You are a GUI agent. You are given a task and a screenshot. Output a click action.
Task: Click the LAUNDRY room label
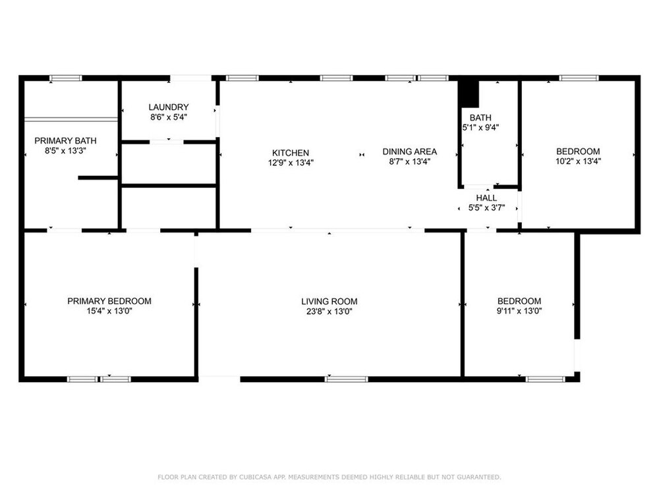(169, 107)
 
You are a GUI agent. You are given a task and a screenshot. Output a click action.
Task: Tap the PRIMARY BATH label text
(65, 141)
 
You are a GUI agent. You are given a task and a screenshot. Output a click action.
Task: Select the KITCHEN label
(291, 153)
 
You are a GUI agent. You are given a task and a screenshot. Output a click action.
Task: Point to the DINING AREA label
(410, 151)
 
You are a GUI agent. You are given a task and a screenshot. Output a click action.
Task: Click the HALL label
(486, 198)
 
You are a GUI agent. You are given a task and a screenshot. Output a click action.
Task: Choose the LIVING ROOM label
(329, 301)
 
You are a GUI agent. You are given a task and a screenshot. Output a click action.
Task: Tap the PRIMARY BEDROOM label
(109, 301)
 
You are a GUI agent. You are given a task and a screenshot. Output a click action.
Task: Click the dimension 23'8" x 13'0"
(329, 312)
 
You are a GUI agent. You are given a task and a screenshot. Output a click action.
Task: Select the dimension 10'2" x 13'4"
(579, 161)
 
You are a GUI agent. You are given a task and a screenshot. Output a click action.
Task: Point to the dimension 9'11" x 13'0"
(519, 311)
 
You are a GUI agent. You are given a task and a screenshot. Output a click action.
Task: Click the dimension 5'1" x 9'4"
(480, 127)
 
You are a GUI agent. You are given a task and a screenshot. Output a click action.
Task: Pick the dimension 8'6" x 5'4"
(169, 117)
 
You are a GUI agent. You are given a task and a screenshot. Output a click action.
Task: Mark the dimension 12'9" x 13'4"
(291, 163)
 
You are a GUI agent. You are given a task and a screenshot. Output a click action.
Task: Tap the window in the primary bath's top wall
(65, 78)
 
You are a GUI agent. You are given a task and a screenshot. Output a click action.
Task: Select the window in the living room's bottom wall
(347, 379)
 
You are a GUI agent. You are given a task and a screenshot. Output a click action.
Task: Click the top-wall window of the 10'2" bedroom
(579, 78)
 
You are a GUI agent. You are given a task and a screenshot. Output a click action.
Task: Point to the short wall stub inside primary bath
(98, 178)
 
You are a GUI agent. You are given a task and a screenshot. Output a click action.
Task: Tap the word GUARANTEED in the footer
(478, 477)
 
